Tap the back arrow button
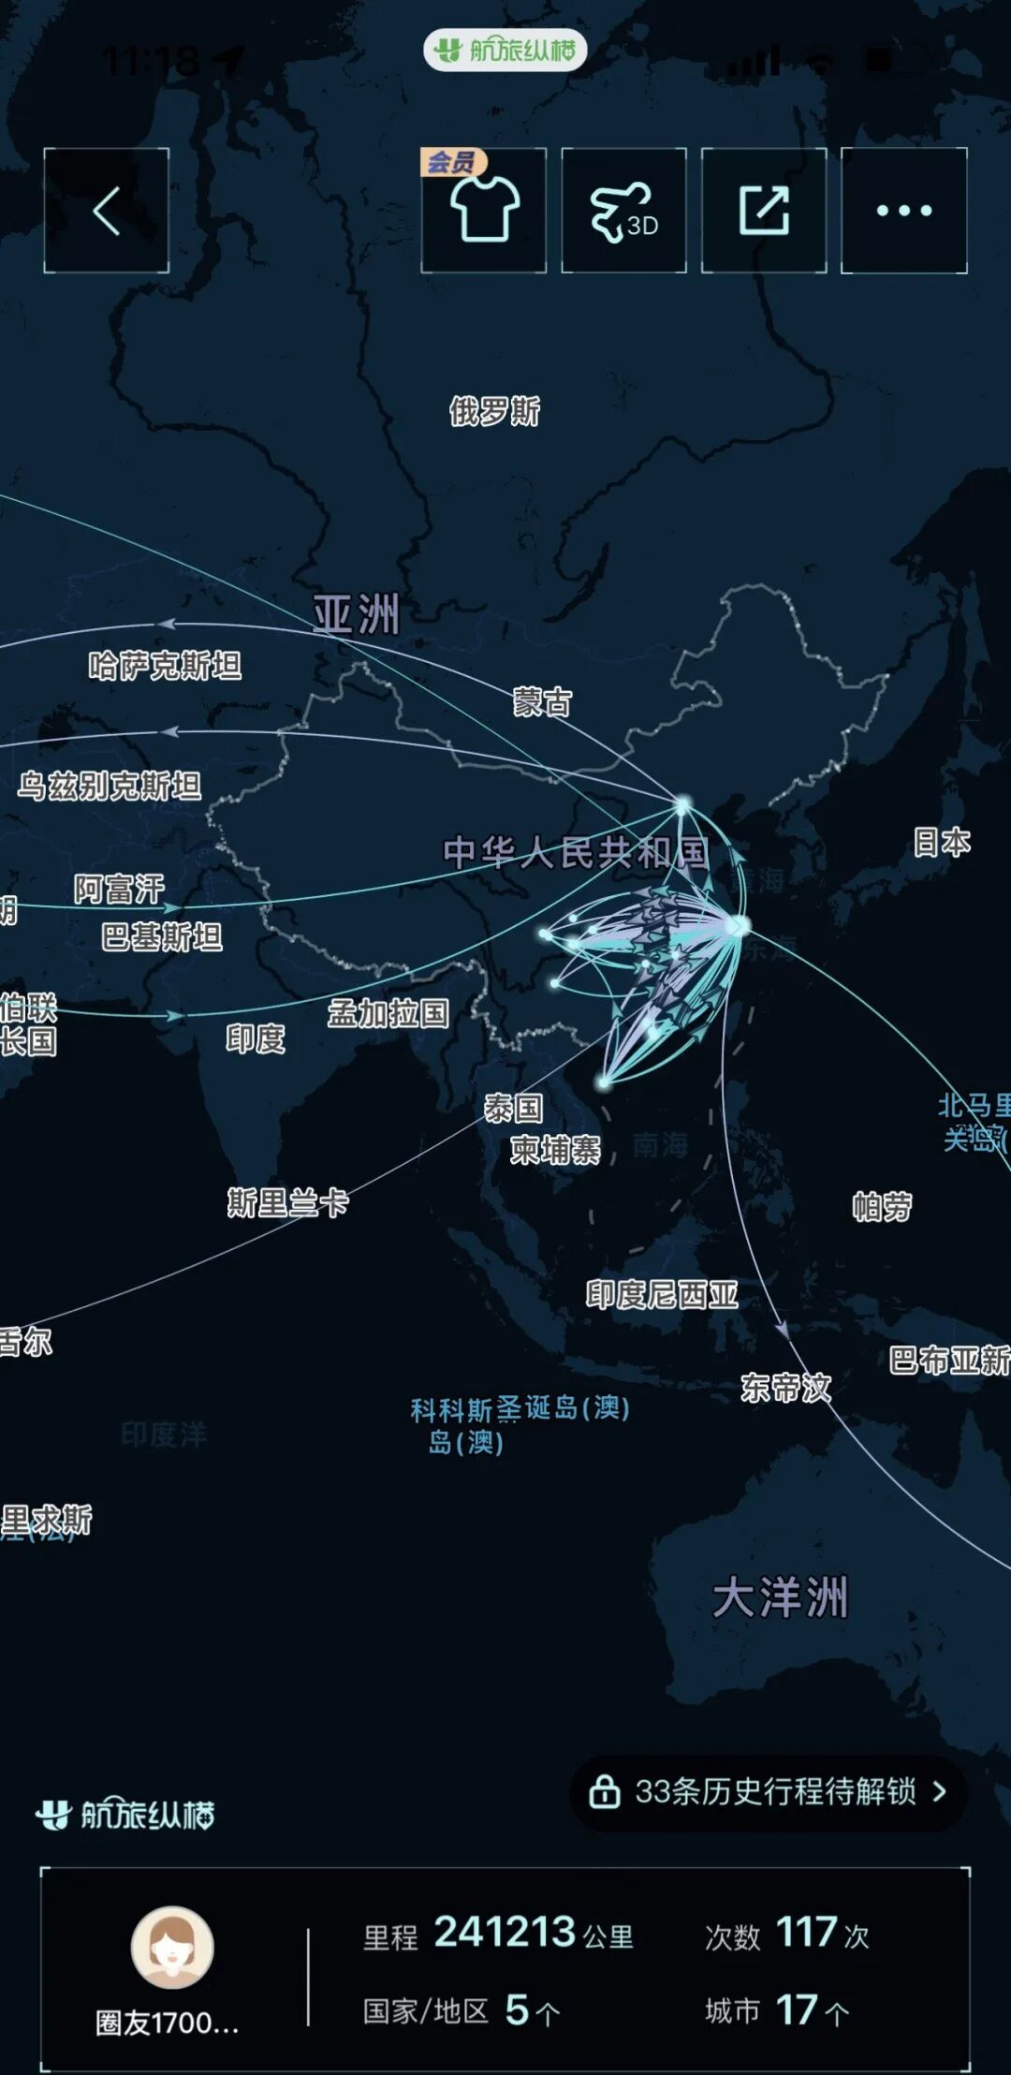point(106,211)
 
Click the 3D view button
point(623,211)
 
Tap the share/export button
point(764,211)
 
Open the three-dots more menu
point(903,211)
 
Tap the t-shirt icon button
point(484,211)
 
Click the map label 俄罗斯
point(494,411)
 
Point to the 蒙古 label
point(542,702)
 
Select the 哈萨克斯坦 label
point(165,666)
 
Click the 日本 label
point(942,842)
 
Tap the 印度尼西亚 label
point(662,1294)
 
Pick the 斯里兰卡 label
point(287,1202)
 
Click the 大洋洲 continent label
point(780,1597)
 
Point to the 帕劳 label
point(882,1207)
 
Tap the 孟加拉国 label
point(388,1013)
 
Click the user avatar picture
point(172,1948)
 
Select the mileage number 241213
point(505,1932)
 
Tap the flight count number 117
point(806,1932)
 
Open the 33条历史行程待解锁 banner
point(768,1791)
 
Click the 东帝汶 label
point(785,1387)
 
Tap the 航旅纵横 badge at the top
point(505,50)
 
